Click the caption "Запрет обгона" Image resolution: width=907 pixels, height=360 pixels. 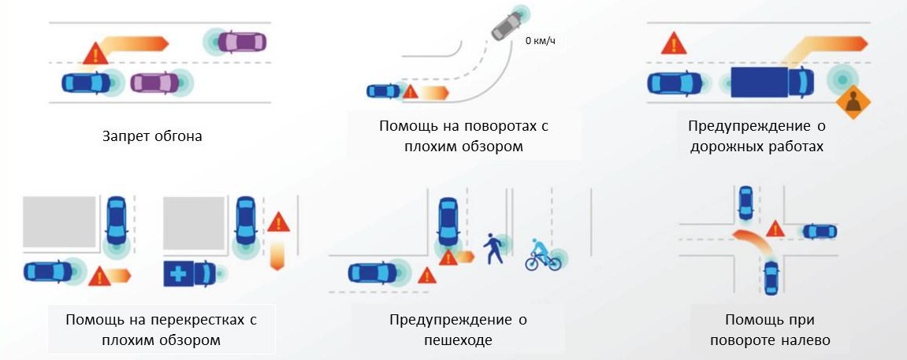point(152,136)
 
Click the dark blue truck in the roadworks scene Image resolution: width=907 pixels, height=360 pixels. point(771,82)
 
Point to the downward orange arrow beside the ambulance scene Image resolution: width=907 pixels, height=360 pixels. point(277,255)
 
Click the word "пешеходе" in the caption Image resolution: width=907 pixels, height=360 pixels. point(457,340)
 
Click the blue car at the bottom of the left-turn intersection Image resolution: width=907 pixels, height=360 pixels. point(772,278)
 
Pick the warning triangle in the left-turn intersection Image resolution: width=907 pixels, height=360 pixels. point(775,228)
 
